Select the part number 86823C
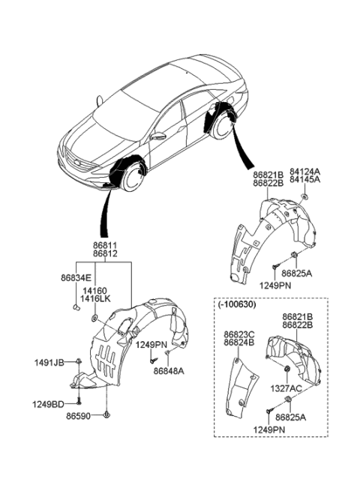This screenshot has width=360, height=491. coord(239,335)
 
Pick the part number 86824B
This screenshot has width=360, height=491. coord(239,343)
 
